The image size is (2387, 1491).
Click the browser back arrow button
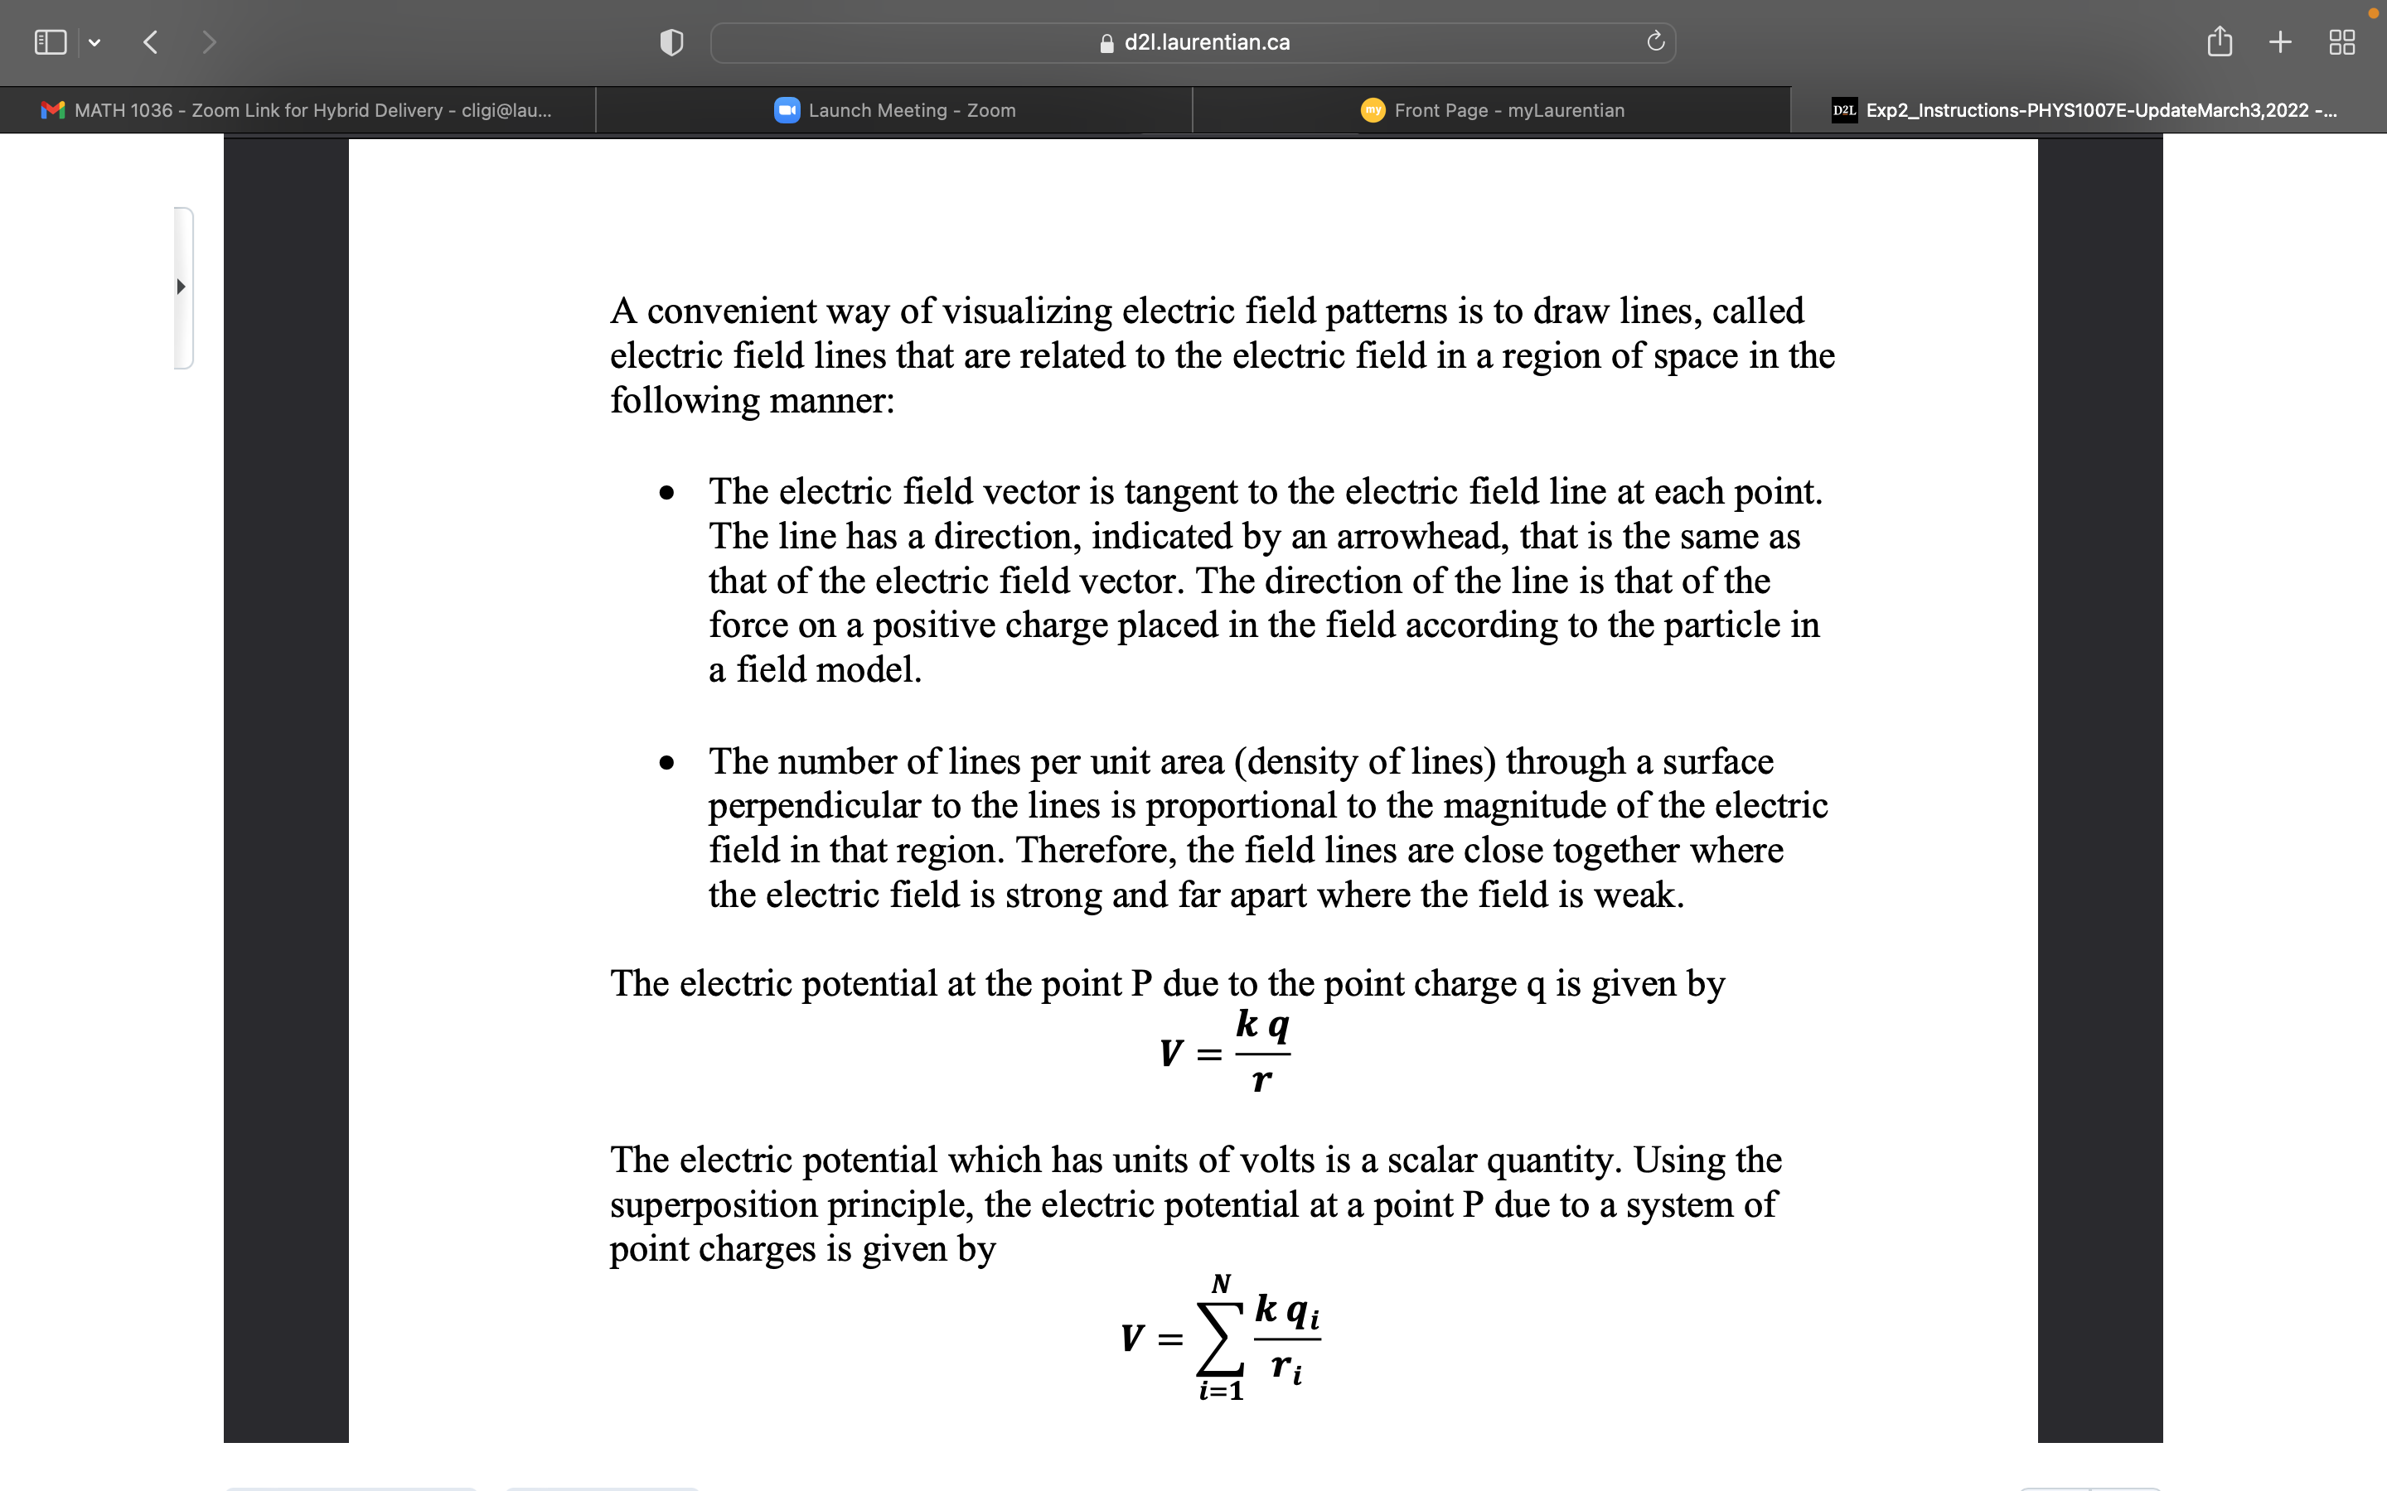151,42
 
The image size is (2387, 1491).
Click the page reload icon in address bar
1655,41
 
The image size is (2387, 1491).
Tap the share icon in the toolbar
2220,41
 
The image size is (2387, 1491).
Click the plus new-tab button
2279,42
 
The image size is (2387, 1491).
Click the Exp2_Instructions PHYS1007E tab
2086,110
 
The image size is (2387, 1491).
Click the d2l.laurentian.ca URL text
1205,42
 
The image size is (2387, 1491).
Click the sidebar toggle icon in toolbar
51,42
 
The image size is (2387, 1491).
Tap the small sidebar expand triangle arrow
181,287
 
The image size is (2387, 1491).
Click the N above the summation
1220,1284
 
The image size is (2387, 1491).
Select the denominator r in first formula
1261,1081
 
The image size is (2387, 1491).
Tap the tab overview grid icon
2341,42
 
